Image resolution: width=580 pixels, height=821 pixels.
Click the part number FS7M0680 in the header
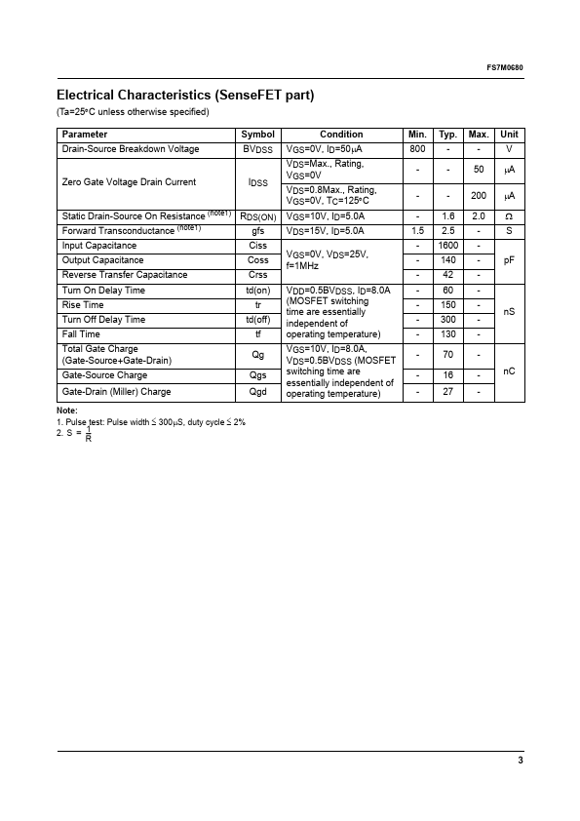[504, 67]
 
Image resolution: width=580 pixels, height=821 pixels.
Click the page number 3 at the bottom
[521, 761]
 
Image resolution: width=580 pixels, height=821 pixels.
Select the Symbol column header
[258, 135]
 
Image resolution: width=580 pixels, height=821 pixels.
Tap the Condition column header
[341, 135]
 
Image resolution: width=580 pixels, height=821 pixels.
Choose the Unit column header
[509, 135]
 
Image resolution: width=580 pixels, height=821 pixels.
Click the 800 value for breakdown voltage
[417, 149]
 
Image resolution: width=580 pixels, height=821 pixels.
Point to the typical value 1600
[447, 246]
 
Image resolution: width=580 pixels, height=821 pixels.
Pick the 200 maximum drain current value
[479, 196]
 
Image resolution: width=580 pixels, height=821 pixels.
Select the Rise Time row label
[84, 305]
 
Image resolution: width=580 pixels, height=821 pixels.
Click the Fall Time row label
[81, 334]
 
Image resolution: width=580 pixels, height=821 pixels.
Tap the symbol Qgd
[258, 392]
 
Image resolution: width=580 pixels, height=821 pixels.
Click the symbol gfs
[258, 230]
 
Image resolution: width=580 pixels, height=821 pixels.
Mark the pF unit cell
[509, 260]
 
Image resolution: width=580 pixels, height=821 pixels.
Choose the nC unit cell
[509, 371]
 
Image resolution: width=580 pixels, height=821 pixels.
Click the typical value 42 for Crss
[447, 275]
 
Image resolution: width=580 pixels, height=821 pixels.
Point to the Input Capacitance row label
[99, 246]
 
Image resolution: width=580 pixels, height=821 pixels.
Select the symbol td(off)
[258, 320]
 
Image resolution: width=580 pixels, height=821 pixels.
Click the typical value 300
[447, 320]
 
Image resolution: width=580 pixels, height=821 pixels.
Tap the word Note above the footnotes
[66, 410]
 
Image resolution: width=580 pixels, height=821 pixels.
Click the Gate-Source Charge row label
[104, 375]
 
